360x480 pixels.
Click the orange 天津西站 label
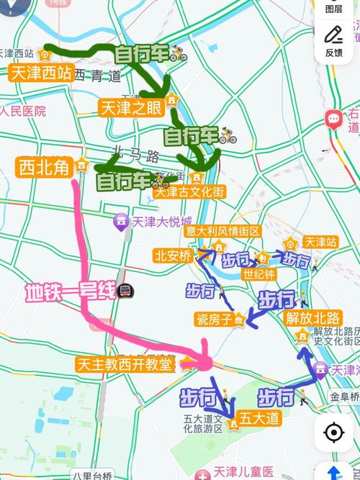pos(41,73)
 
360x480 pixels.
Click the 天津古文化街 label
pos(189,192)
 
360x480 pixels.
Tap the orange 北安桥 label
pos(173,255)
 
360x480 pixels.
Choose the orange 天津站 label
pos(320,243)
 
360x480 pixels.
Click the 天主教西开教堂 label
pos(125,365)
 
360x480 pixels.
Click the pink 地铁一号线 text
pos(70,292)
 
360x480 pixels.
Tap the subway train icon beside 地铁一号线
pos(126,292)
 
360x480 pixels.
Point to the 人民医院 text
pos(23,112)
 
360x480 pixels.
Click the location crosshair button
pos(333,433)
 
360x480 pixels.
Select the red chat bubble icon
pos(333,119)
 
